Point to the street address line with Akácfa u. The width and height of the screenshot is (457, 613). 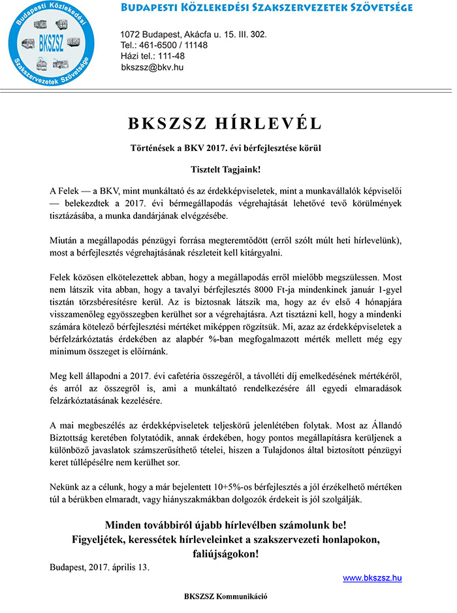193,34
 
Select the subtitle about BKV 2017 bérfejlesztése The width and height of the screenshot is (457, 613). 225,148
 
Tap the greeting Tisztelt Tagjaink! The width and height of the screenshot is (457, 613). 225,170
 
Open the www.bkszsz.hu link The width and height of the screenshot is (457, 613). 372,578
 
